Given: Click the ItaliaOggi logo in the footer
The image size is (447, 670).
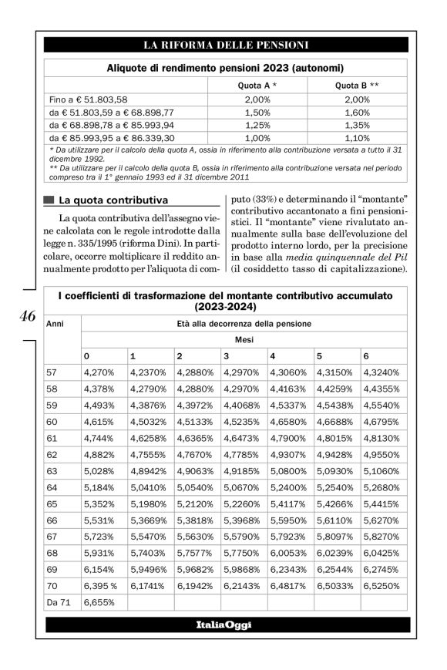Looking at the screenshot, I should [223, 625].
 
